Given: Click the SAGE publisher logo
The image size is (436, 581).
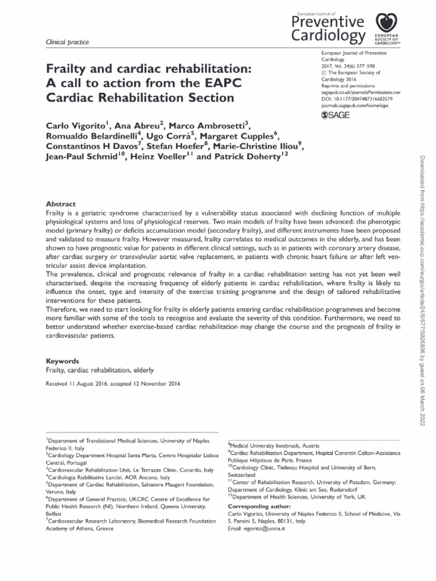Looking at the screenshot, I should [336, 115].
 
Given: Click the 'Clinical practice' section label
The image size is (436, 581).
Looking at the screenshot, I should [63, 43].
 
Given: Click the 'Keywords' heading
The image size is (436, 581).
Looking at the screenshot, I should [62, 361].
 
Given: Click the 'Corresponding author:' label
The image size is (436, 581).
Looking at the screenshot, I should [259, 506].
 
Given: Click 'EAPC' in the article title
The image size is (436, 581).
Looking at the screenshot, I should [221, 83].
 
